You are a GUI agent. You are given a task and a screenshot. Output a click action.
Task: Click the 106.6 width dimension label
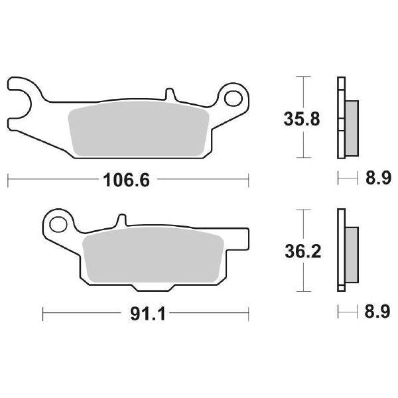click(126, 179)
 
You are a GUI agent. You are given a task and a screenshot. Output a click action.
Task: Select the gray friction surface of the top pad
click(139, 129)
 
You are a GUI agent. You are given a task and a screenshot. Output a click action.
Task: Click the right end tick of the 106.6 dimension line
click(248, 179)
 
